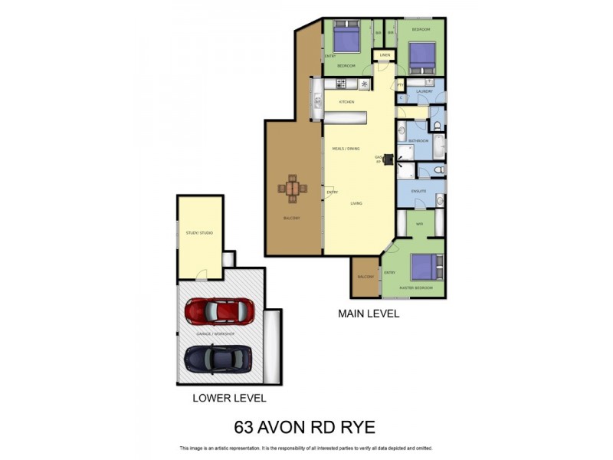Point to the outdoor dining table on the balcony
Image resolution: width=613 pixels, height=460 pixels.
pos(293,189)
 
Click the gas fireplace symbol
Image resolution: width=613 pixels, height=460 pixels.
pos(388,160)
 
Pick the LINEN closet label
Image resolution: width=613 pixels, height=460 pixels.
pos(385,55)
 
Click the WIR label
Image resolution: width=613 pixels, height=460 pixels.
pos(419,224)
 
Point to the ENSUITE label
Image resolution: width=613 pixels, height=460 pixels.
pos(418,191)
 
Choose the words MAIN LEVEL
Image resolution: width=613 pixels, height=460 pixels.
pos(369,314)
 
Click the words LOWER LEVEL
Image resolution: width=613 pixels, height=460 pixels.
pos(229,398)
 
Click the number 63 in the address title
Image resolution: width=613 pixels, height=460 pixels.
pos(245,427)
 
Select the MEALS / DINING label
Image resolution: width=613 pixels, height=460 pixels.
pos(346,148)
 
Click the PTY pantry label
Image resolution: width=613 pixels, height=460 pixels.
pos(400,84)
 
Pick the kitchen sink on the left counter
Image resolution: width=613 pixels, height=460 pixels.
pos(316,98)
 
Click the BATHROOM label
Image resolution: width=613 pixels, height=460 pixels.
pos(418,141)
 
